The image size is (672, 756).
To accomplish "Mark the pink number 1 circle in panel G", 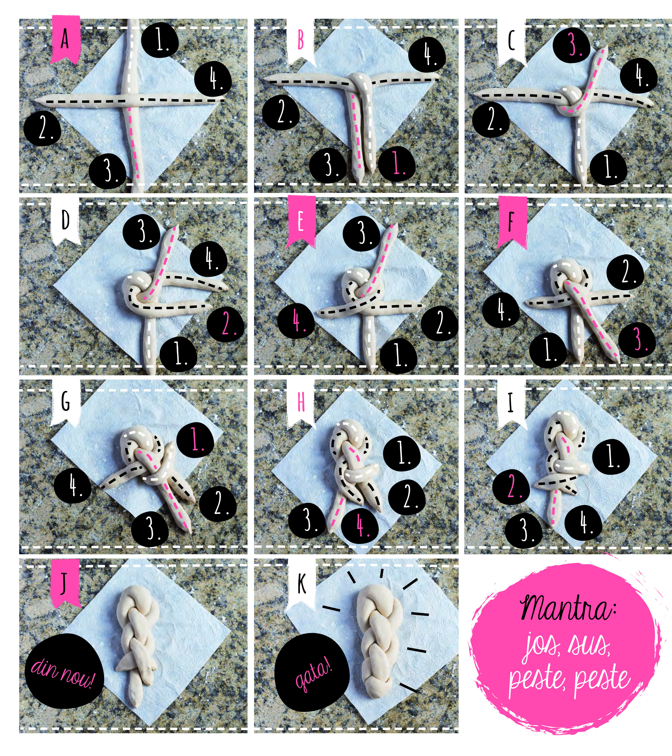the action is pyautogui.click(x=195, y=440).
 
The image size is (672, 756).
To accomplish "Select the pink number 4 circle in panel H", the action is pyautogui.click(x=360, y=526).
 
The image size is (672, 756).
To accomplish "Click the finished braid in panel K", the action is pyautogui.click(x=380, y=641).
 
